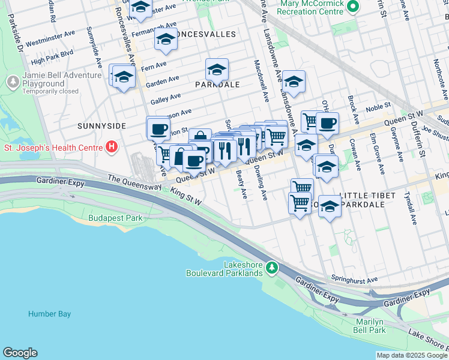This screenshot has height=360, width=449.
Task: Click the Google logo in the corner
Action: tap(20, 353)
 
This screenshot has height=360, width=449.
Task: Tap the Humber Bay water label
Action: tap(49, 314)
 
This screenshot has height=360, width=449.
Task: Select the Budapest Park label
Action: tap(115, 218)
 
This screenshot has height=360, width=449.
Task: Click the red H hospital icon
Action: tap(111, 146)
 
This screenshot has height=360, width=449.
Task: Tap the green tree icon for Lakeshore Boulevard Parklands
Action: tap(272, 266)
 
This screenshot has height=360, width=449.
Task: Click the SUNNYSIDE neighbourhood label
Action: tap(101, 126)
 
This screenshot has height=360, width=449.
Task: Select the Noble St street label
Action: tap(378, 107)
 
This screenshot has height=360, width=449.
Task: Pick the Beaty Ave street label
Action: tap(242, 185)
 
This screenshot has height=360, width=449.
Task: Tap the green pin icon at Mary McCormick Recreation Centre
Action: tap(353, 7)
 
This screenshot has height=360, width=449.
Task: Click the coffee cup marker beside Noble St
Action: tap(327, 124)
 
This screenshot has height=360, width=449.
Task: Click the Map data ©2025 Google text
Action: tap(411, 355)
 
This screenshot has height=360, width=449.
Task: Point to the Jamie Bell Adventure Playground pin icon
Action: tap(13, 81)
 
